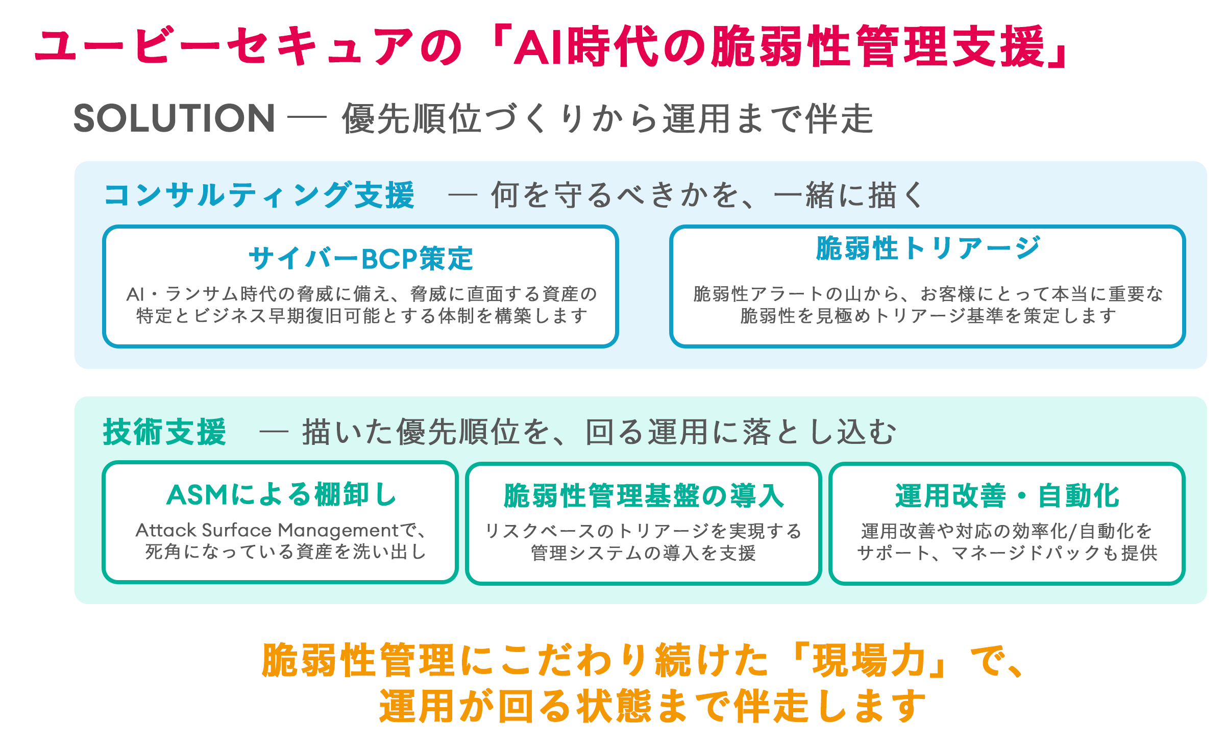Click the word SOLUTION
pyautogui.click(x=175, y=118)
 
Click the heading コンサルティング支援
pyautogui.click(x=259, y=195)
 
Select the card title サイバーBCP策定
pyautogui.click(x=361, y=258)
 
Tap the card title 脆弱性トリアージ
pyautogui.click(x=927, y=248)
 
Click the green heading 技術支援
pyautogui.click(x=164, y=432)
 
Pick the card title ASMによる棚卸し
pyautogui.click(x=281, y=494)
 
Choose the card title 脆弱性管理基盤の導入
pyautogui.click(x=644, y=495)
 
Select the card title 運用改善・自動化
pyautogui.click(x=1007, y=495)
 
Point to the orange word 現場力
pyautogui.click(x=869, y=660)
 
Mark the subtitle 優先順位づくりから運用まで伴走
pyautogui.click(x=607, y=118)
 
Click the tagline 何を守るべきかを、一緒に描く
pyautogui.click(x=707, y=195)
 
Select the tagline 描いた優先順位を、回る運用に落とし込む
pyautogui.click(x=599, y=432)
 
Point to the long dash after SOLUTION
pyautogui.click(x=307, y=117)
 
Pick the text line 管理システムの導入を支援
pyautogui.click(x=643, y=553)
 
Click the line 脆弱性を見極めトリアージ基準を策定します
pyautogui.click(x=927, y=316)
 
